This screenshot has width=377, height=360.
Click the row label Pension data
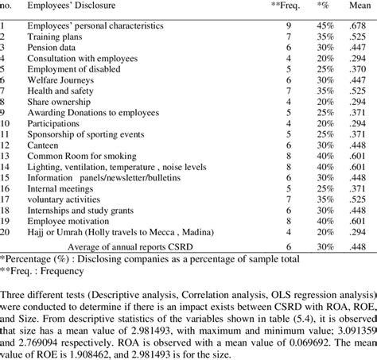(x=52, y=47)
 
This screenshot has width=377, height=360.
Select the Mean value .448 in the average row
(x=358, y=246)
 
